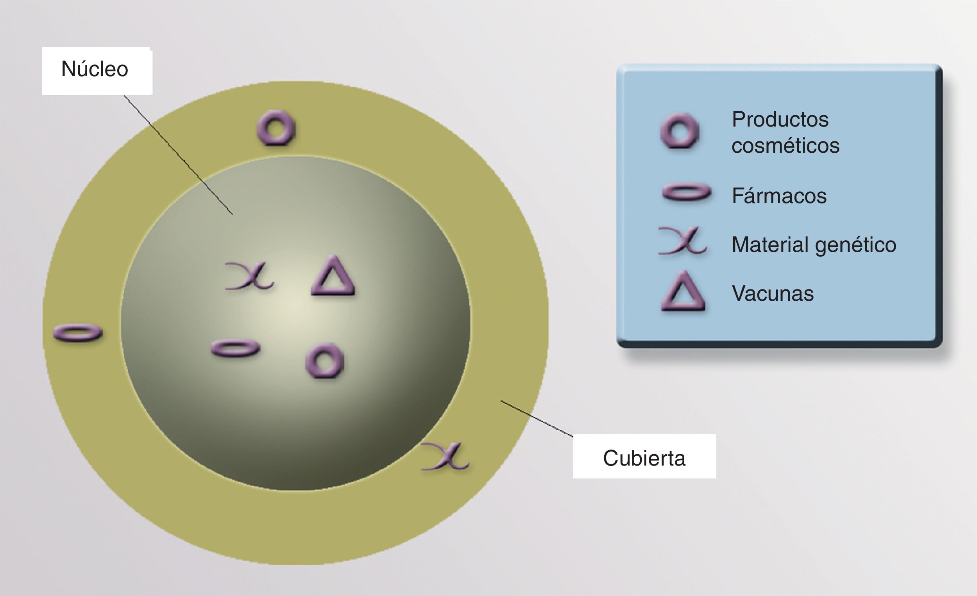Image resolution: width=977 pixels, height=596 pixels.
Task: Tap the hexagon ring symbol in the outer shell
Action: point(276,128)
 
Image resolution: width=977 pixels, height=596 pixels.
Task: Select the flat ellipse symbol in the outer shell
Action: point(78,333)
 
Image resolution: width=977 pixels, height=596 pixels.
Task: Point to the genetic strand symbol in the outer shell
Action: point(446,457)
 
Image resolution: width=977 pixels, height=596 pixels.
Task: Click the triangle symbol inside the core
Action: point(333,277)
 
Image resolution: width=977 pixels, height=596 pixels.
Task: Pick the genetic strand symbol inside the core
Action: point(249,276)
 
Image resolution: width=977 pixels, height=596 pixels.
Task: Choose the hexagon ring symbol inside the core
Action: point(325,360)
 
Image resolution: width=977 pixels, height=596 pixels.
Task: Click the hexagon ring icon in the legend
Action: point(680,131)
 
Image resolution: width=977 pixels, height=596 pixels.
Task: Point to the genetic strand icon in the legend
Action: point(682,241)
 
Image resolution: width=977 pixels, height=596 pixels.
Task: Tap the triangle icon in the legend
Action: point(683,292)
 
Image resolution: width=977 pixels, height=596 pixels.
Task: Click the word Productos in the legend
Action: point(780,119)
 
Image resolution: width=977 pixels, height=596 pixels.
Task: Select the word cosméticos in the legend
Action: point(785,145)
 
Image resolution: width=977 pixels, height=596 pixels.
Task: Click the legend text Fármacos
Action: point(779,196)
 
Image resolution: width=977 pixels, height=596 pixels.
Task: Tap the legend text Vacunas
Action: point(772,294)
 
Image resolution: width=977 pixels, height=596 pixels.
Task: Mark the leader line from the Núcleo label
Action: point(179,155)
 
